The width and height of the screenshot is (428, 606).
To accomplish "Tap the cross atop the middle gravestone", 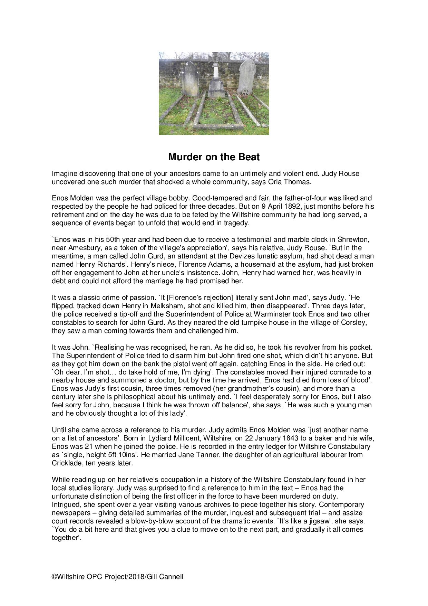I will coord(216,58).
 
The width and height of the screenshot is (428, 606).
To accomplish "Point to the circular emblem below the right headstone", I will coord(245,92).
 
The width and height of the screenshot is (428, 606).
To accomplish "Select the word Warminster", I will coord(273,314).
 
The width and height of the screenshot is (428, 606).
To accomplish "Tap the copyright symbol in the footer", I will coord(54,577).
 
